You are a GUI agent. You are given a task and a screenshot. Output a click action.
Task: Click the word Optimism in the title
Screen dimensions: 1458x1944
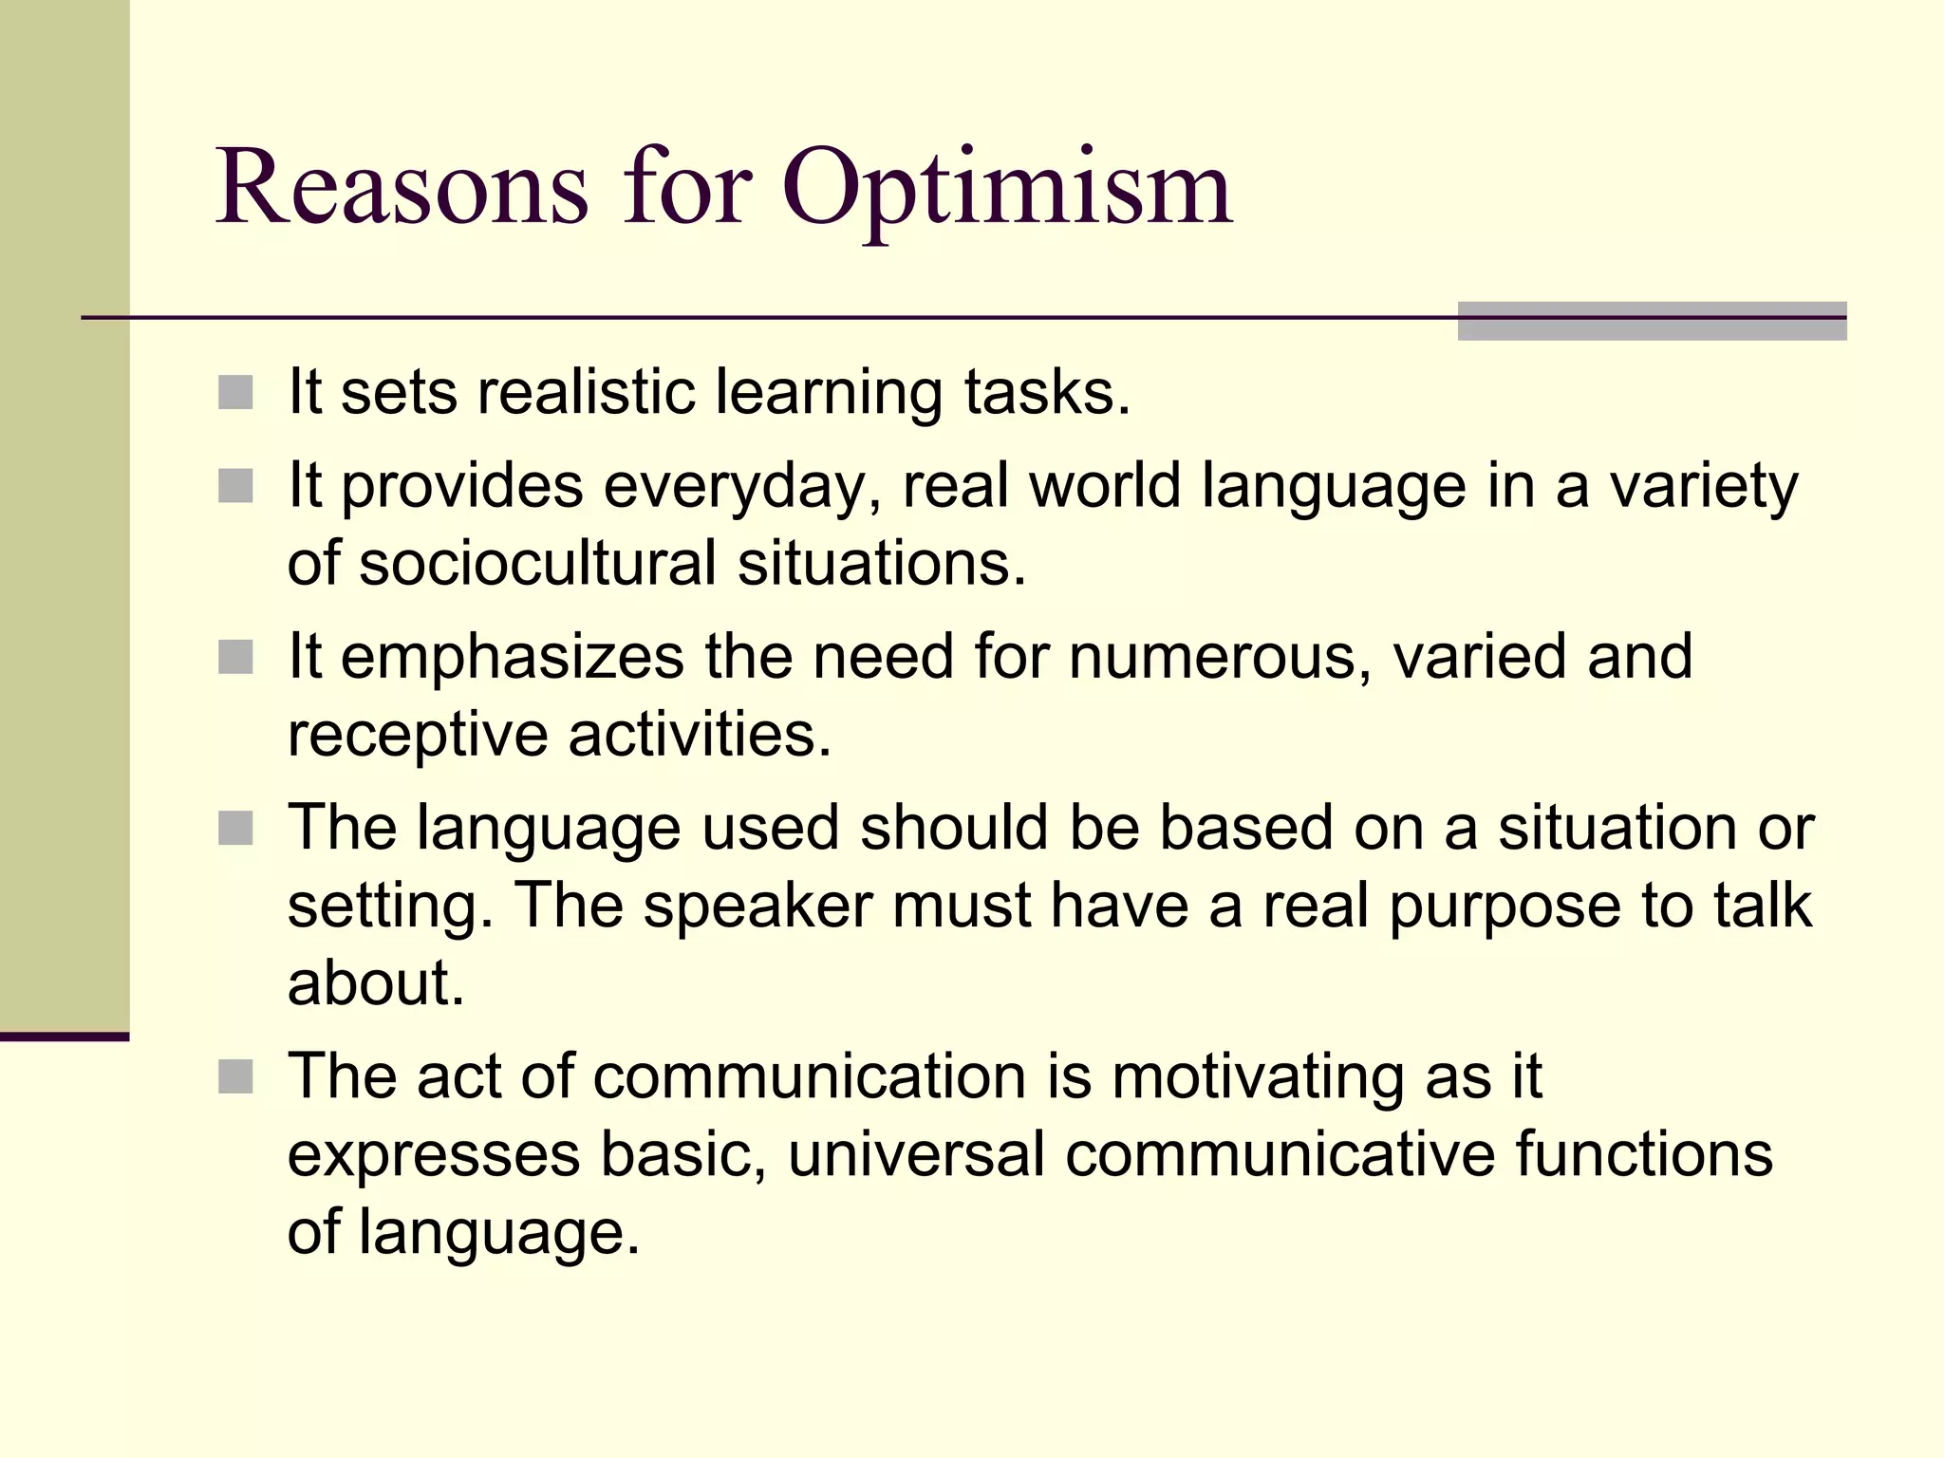click(1007, 190)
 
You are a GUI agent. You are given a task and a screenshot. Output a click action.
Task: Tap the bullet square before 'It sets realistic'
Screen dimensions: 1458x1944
click(235, 392)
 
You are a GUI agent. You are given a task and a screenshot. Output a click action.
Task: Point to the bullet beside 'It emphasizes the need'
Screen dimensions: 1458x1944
click(235, 657)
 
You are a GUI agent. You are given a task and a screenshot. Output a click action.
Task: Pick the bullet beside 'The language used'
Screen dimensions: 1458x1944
click(235, 828)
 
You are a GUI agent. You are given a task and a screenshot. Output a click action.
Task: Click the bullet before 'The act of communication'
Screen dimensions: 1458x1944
click(235, 1076)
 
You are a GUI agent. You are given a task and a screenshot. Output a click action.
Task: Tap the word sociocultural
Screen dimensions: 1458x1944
click(537, 563)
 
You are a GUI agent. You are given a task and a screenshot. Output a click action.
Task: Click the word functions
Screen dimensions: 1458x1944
click(1644, 1154)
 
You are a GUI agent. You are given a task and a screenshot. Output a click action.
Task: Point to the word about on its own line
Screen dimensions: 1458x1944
click(376, 983)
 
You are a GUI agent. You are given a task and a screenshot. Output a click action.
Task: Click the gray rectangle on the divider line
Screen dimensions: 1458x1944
click(1652, 321)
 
